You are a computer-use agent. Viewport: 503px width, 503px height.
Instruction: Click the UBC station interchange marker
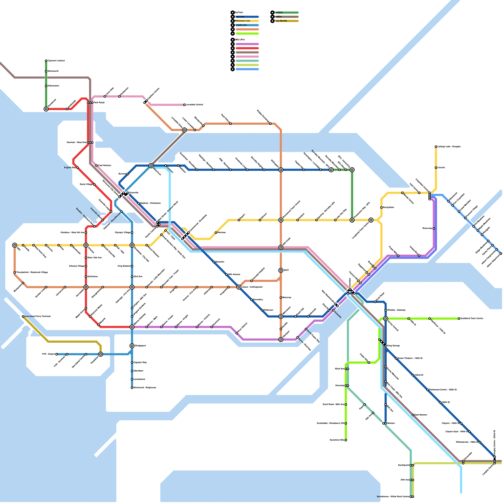click(x=14, y=245)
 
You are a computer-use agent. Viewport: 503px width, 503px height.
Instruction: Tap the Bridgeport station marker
click(x=132, y=346)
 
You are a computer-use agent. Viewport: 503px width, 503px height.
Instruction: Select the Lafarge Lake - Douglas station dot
click(x=436, y=146)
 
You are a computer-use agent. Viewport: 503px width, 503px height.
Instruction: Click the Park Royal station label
click(x=99, y=102)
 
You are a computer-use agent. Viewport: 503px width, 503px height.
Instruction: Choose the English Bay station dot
click(x=77, y=168)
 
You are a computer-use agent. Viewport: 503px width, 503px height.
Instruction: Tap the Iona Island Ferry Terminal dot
click(x=23, y=316)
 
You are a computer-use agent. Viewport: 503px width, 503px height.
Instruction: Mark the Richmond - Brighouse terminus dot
click(x=132, y=388)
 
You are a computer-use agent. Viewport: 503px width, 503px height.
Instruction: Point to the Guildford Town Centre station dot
click(x=459, y=318)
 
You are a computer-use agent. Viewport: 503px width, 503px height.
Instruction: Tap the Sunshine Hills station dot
click(x=346, y=440)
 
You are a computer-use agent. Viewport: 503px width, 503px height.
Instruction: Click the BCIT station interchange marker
click(x=281, y=270)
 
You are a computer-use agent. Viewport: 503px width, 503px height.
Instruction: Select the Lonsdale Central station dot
click(x=185, y=105)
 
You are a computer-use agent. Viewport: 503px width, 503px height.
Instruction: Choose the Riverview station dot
click(x=434, y=228)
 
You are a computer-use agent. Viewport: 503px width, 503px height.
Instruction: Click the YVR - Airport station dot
click(x=57, y=354)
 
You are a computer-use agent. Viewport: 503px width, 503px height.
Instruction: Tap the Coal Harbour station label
click(x=104, y=165)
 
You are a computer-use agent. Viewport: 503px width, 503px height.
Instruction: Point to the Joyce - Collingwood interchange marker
click(x=239, y=287)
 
